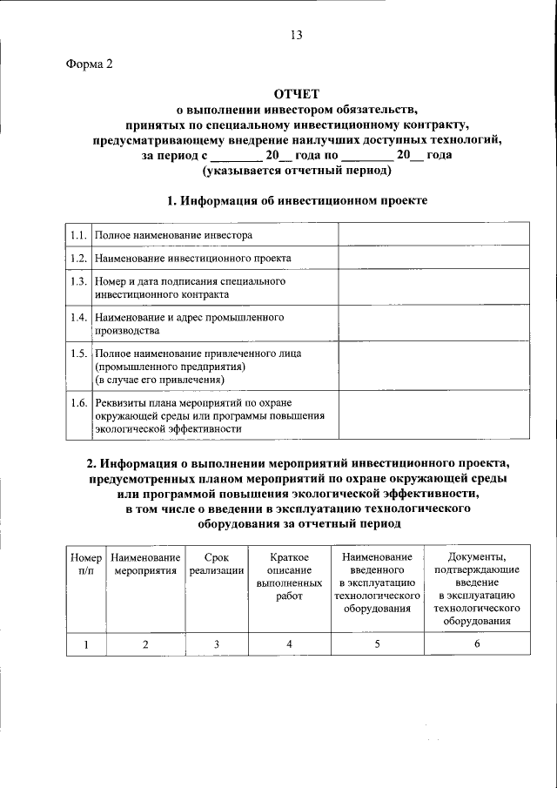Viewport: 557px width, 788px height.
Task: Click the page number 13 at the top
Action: (296, 35)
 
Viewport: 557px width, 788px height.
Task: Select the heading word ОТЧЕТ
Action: (298, 94)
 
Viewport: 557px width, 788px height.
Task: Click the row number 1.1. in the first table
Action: (77, 235)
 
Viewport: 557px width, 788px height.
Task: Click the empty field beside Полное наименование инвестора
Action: (433, 235)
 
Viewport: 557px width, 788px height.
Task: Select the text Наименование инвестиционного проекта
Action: (193, 259)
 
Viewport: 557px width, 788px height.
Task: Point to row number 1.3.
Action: (77, 282)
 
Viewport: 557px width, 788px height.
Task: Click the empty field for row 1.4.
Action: (433, 324)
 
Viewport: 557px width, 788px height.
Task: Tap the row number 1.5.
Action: (77, 354)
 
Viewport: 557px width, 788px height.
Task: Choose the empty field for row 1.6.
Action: (433, 415)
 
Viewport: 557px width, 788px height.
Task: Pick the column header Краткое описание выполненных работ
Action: (288, 576)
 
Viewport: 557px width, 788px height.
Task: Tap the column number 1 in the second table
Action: (85, 643)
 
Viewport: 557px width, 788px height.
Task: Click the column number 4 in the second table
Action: (288, 643)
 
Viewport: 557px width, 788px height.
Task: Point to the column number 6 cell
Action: (475, 643)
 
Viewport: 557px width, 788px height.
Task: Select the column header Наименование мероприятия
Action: (145, 563)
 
